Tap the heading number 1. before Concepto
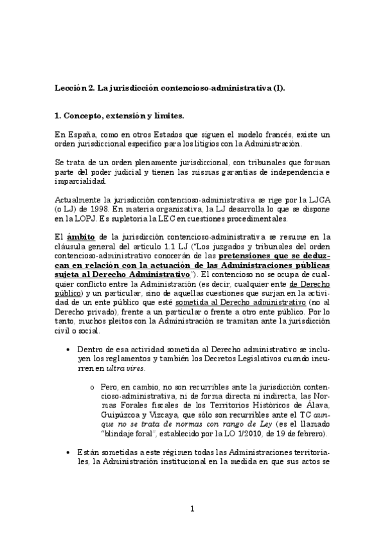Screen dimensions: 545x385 (58, 116)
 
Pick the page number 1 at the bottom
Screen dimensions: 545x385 (192, 509)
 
